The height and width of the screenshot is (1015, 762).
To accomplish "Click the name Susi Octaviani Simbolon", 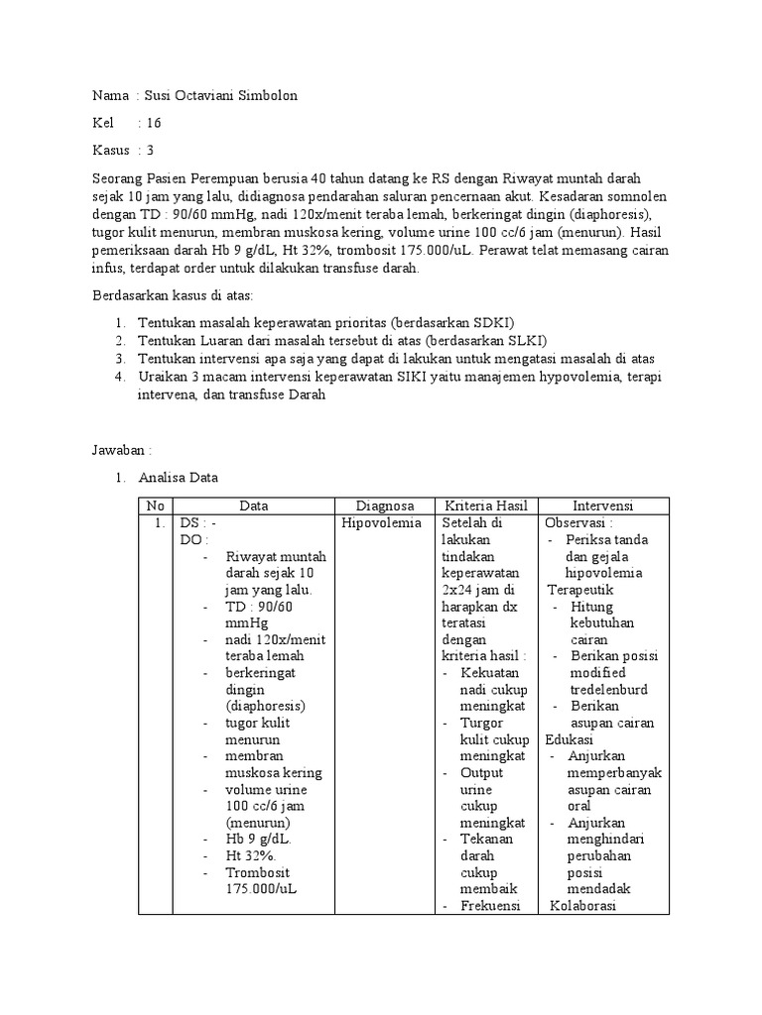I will pyautogui.click(x=221, y=95).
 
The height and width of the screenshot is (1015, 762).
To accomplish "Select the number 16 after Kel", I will pyautogui.click(x=154, y=123).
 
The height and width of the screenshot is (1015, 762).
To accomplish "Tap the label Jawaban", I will pyautogui.click(x=122, y=449).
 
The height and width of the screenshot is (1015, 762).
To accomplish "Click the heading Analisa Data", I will pyautogui.click(x=178, y=477).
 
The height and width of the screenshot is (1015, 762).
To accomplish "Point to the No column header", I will pyautogui.click(x=156, y=506).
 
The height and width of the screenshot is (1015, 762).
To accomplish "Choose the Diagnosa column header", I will pyautogui.click(x=385, y=506).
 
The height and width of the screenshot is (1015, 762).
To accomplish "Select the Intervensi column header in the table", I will pyautogui.click(x=603, y=506).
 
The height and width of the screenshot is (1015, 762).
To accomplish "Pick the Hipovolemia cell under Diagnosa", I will pyautogui.click(x=380, y=522).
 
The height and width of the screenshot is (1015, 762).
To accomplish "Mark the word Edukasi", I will pyautogui.click(x=569, y=740).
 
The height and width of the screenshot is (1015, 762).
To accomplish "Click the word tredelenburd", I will pyautogui.click(x=608, y=690).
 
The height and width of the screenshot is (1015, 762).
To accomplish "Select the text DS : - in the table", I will pyautogui.click(x=197, y=522).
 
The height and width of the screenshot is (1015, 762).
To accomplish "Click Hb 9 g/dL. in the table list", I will pyautogui.click(x=258, y=840).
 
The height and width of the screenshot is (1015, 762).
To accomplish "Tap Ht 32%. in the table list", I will pyautogui.click(x=251, y=856).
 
